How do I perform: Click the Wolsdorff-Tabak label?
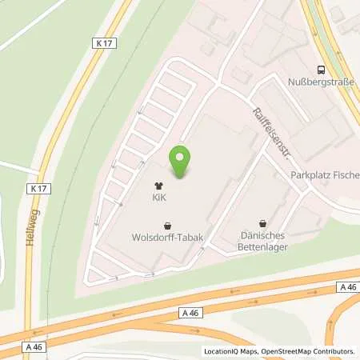(167, 237)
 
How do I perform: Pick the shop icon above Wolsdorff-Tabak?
(167, 226)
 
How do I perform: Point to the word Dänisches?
(264, 235)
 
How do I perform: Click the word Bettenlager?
(264, 246)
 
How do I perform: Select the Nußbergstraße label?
(319, 80)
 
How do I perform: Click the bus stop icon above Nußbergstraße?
(320, 69)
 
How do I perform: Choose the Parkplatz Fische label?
(324, 175)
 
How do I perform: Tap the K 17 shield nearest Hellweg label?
(36, 188)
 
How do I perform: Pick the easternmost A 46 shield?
(347, 286)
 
